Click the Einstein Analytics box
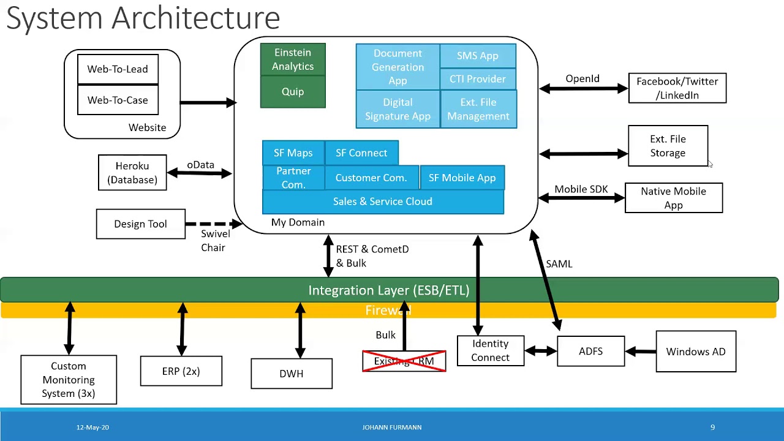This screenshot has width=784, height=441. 293,59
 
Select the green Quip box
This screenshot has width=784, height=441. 293,92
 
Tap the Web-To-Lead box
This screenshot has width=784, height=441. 118,69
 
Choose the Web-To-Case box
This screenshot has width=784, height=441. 118,100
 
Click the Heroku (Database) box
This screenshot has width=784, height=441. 132,173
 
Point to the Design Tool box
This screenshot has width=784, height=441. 140,224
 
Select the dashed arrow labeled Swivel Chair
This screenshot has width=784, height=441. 211,224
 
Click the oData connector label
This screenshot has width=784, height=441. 200,165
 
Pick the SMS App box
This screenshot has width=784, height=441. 478,56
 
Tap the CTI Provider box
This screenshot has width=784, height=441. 478,79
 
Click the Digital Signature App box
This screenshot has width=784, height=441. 398,109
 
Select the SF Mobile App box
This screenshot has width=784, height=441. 462,178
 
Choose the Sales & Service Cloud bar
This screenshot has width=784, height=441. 383,202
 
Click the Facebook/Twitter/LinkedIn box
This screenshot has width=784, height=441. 677,88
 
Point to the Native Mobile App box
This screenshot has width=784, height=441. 673,198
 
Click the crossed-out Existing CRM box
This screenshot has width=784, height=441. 404,361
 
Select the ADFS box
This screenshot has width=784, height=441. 590,352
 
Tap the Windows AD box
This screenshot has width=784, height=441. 696,352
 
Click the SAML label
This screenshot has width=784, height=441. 559,264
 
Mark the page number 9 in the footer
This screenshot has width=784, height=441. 712,428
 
